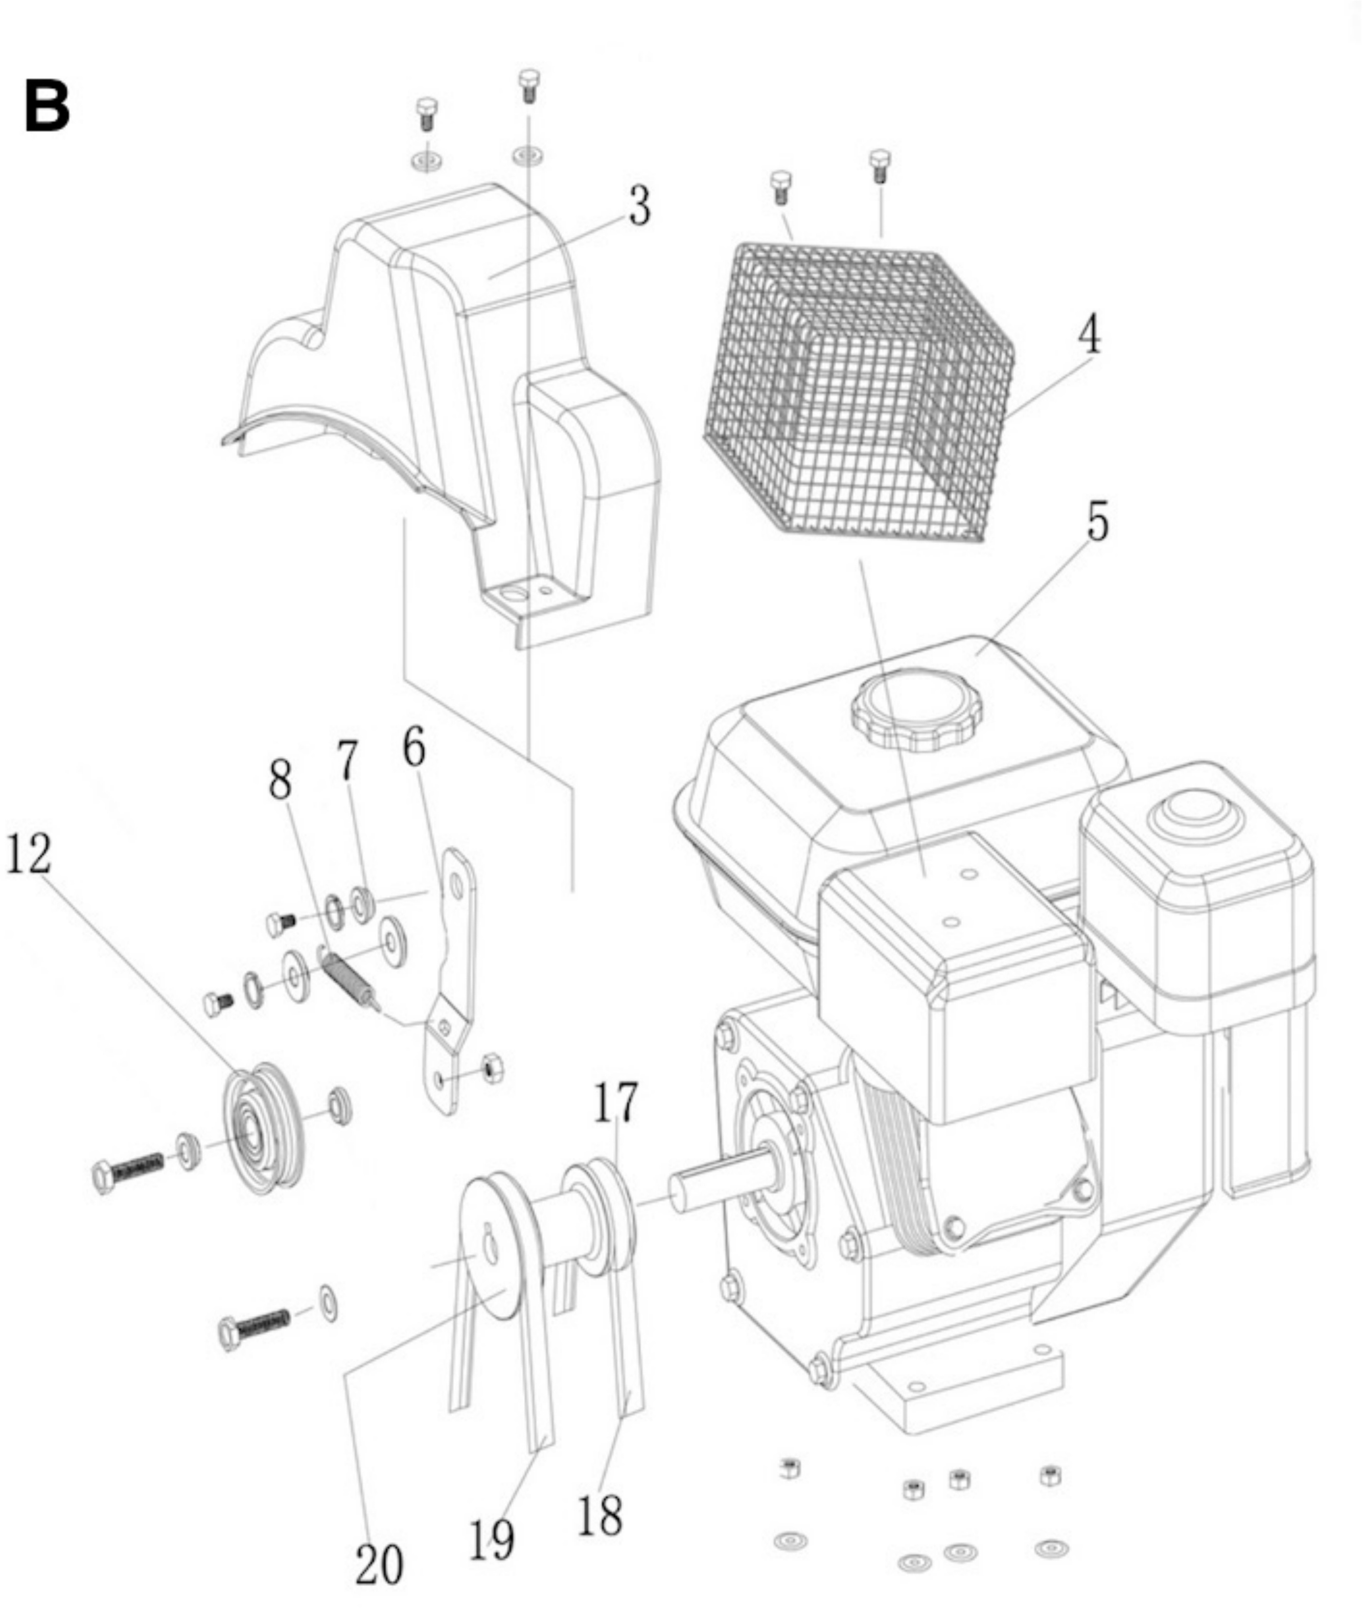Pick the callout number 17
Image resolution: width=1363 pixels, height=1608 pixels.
[x=616, y=1102]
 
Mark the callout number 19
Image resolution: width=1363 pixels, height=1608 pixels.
[x=492, y=1537]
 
